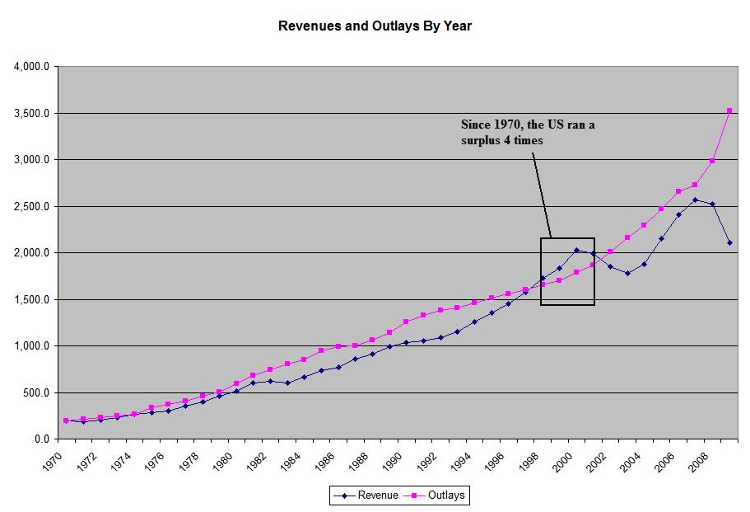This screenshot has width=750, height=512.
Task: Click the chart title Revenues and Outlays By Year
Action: [375, 26]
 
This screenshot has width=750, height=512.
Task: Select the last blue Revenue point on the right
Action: [729, 242]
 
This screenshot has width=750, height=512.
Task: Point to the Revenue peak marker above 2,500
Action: [696, 200]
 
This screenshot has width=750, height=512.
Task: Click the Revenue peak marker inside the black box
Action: [576, 250]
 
